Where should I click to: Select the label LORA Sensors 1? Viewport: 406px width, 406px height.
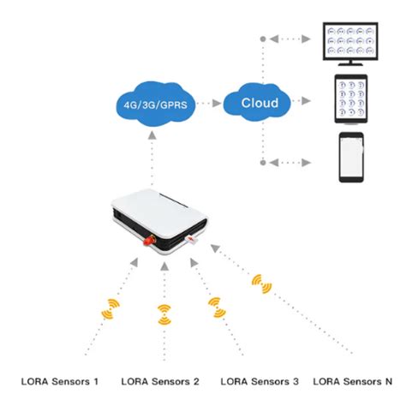click(x=60, y=380)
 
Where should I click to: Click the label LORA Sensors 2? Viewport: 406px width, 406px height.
click(x=160, y=380)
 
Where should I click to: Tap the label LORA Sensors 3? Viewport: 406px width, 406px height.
click(x=260, y=380)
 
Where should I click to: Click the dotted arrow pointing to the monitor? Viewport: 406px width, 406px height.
click(x=296, y=39)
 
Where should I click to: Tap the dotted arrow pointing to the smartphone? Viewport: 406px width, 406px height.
click(x=296, y=161)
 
